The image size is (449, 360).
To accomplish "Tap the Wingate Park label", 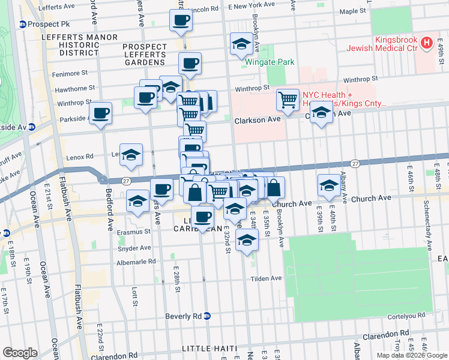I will click(x=264, y=61).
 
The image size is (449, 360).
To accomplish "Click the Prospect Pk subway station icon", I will click(x=22, y=25).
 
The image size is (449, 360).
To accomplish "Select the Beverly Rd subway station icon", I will click(x=207, y=316).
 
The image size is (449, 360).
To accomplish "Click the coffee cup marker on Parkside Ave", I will click(x=100, y=112).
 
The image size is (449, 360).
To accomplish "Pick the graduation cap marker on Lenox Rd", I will click(x=131, y=155).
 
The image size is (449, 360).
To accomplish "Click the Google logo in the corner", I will click(x=20, y=353).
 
